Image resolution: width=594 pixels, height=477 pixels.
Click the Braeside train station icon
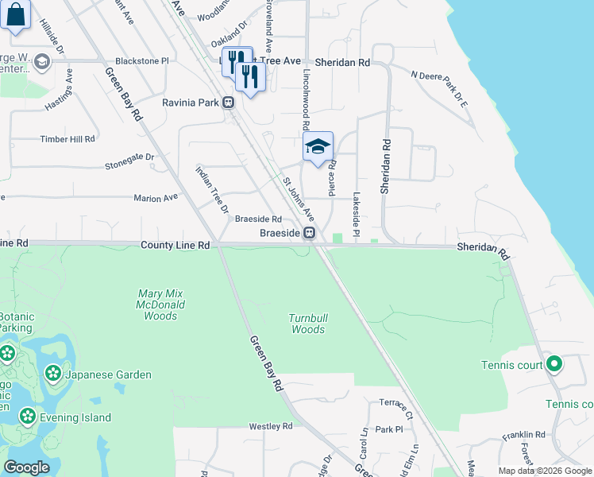(310, 233)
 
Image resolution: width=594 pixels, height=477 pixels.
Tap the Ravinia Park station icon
(228, 103)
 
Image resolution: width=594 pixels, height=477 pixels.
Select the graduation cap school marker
(318, 146)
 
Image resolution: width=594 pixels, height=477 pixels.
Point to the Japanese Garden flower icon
(53, 372)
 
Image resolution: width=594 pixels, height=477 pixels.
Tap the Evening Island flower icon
(28, 416)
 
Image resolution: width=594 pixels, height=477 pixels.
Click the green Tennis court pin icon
(554, 365)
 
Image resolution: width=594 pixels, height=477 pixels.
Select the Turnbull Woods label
(307, 324)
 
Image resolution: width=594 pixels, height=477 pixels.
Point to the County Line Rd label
(175, 246)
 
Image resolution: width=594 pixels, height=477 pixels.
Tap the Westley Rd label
(271, 426)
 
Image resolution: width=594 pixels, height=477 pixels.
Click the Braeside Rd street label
(259, 219)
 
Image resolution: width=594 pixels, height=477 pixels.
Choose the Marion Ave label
(156, 198)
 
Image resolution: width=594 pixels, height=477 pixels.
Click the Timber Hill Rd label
(67, 138)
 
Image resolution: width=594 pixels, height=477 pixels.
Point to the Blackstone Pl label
(142, 60)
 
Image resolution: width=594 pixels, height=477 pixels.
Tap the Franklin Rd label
(528, 435)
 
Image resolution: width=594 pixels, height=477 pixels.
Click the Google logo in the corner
(26, 467)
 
